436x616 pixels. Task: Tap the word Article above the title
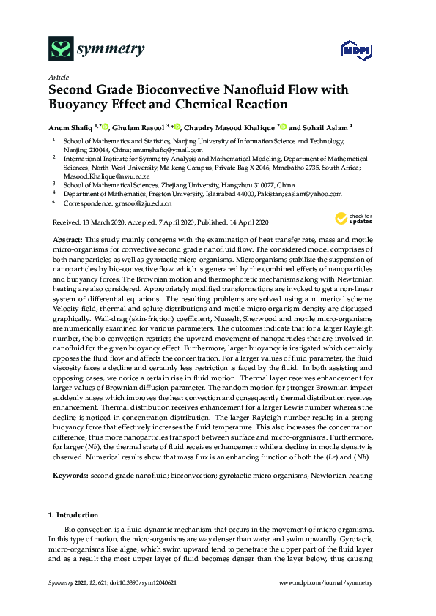click(59, 77)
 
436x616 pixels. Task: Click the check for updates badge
click(353, 218)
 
